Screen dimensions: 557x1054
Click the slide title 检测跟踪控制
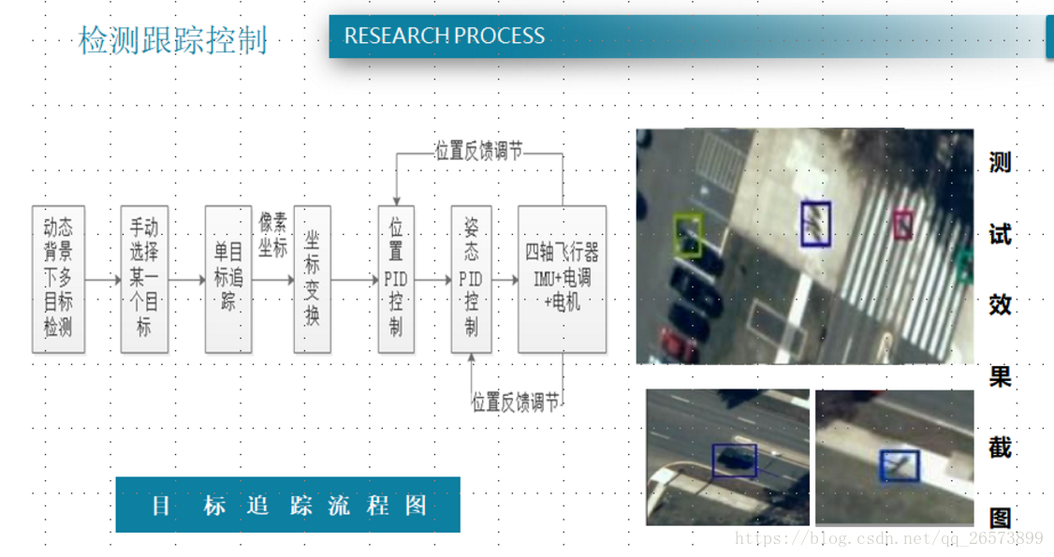173,40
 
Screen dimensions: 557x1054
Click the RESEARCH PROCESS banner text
444,37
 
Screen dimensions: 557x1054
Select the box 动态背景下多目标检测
58,279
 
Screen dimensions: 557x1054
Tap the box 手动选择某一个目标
144,279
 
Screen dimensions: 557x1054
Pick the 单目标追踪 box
228,279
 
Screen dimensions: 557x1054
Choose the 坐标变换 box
312,279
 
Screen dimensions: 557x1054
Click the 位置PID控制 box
396,279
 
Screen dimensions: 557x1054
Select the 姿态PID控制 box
471,279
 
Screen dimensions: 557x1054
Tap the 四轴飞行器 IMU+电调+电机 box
562,279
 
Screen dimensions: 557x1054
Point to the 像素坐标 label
273,234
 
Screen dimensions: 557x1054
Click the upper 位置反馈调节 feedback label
478,152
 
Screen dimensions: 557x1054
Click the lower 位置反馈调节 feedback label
516,403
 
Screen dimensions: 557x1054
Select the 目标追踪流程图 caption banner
288,506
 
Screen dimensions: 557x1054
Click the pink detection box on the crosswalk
902,224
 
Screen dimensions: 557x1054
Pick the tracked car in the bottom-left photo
734,461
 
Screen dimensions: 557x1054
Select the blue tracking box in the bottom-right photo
900,465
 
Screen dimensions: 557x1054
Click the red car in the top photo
678,344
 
